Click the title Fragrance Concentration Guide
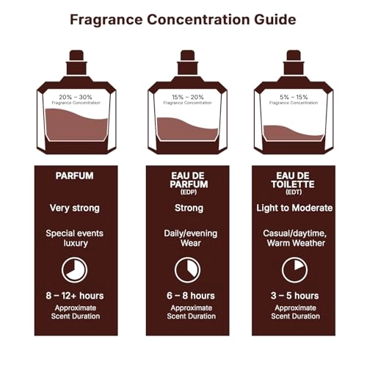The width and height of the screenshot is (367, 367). click(x=183, y=19)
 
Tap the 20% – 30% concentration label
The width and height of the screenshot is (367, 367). click(x=76, y=96)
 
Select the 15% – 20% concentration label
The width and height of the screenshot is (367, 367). click(x=183, y=96)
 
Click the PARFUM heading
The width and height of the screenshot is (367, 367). click(x=75, y=177)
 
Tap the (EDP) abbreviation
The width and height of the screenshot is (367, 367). click(x=183, y=194)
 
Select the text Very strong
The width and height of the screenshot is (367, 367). click(x=75, y=208)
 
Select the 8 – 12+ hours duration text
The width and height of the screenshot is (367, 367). click(x=75, y=296)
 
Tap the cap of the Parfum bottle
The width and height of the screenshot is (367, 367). click(x=76, y=59)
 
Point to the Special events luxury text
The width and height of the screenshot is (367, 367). click(x=75, y=238)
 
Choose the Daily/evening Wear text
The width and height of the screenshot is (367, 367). click(x=183, y=238)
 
